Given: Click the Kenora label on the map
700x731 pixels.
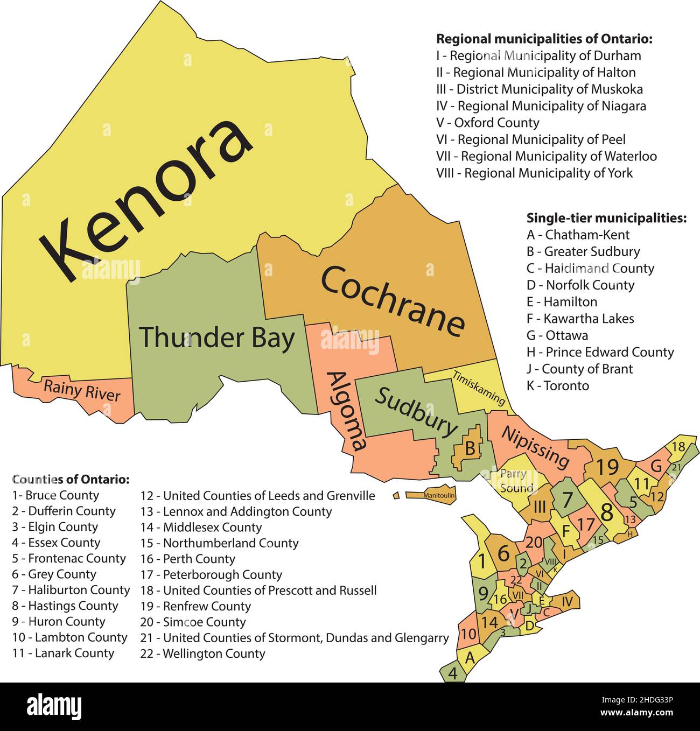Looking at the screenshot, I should [x=145, y=199].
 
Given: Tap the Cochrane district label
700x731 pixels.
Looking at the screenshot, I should [x=392, y=301].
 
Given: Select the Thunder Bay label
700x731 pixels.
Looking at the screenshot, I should [x=217, y=338].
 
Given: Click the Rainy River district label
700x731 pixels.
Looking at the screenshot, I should [x=82, y=390].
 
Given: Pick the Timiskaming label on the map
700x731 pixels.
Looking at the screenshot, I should [x=479, y=388].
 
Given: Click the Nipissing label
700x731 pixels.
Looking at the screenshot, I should [x=535, y=447].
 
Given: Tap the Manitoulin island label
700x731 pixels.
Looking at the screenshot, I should [x=439, y=495].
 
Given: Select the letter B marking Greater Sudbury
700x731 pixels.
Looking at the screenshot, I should [x=470, y=448].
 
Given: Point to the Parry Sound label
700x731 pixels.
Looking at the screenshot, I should [x=515, y=481].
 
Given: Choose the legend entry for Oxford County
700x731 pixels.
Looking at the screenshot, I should [x=487, y=123].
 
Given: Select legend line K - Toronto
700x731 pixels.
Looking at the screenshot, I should [x=558, y=385].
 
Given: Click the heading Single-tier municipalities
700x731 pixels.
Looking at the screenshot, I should [x=606, y=218].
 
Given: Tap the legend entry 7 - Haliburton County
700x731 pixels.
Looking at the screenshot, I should [x=71, y=590].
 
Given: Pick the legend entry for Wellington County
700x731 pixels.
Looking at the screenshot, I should [x=203, y=653].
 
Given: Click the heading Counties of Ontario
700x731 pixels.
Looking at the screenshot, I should [x=71, y=479].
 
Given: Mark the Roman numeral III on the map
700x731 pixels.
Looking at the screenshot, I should [x=540, y=507].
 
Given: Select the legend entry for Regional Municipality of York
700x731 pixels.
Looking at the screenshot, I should [x=534, y=173].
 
